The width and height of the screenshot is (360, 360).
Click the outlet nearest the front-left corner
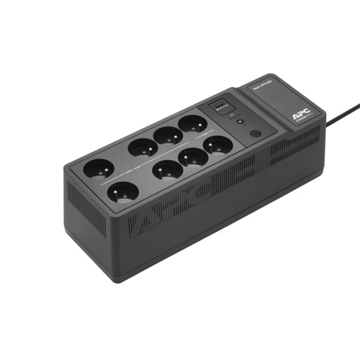tap(122, 194)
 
